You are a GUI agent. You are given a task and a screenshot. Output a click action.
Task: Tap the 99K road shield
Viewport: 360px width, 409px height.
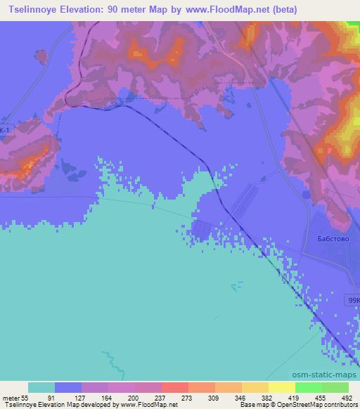[x=354, y=300]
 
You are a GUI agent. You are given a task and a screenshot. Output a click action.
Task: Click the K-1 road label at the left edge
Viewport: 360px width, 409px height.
[x=5, y=131]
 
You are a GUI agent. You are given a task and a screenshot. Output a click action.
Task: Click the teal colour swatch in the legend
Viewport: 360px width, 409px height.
[x=41, y=387]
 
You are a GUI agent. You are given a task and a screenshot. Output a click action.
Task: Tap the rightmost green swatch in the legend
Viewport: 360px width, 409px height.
[x=335, y=387]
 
